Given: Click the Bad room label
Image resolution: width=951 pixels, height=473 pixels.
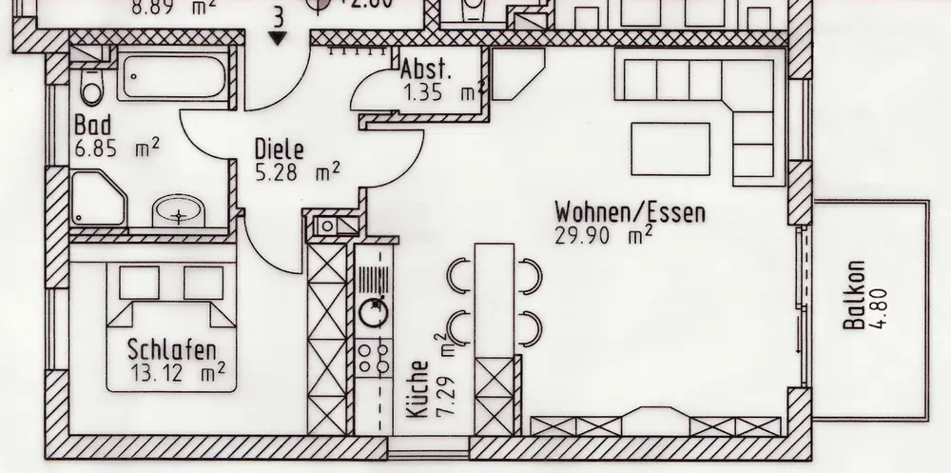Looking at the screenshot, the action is [93, 126].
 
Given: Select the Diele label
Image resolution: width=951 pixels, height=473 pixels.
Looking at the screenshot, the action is [279, 150].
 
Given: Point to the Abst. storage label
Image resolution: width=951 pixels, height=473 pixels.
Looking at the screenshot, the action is [426, 70].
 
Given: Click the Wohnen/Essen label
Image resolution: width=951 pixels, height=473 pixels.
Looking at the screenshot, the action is [631, 210].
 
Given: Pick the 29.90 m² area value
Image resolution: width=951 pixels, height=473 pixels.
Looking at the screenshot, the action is [603, 234].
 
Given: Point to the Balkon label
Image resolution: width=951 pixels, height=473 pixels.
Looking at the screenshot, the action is [854, 297].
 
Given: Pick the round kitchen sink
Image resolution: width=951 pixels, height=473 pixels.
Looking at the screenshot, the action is [374, 308].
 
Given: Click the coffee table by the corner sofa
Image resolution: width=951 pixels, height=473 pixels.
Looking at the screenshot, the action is [671, 148].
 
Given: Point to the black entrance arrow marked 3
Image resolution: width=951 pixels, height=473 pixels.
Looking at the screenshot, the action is [278, 38].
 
